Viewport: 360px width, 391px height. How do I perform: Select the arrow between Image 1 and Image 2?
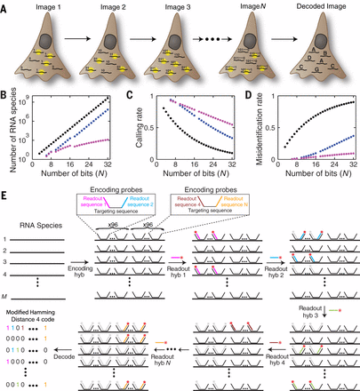[78, 58]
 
